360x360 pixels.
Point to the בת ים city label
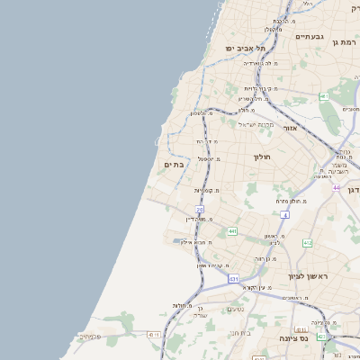(174, 165)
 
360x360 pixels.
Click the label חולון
(262, 157)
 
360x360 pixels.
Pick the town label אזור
(290, 129)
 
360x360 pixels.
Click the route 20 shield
(200, 210)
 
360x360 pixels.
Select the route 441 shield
(232, 231)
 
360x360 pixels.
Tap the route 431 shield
(234, 280)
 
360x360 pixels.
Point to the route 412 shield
(307, 243)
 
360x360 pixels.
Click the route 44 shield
(336, 188)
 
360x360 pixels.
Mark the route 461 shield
(324, 96)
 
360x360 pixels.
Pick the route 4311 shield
(154, 335)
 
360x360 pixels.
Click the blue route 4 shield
(284, 215)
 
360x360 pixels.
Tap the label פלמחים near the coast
(91, 336)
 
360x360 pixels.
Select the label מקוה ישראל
(255, 124)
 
